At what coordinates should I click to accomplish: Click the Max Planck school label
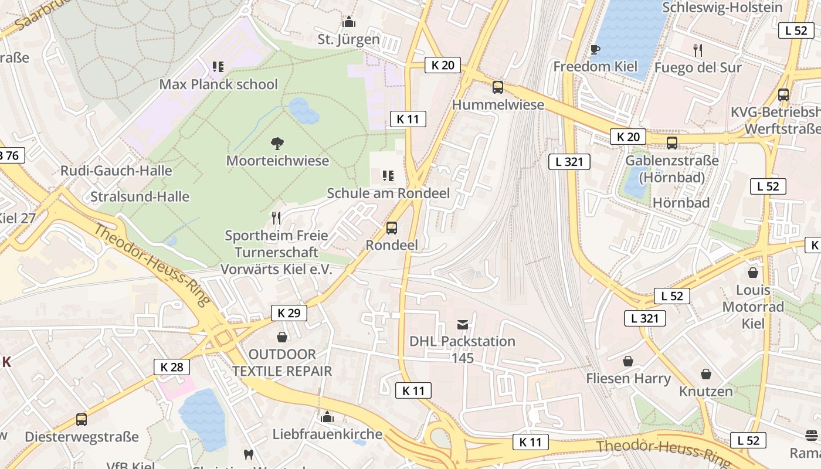coord(218,84)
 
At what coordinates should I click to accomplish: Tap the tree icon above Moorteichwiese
coord(277,143)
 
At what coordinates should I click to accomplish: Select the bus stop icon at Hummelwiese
coord(498,87)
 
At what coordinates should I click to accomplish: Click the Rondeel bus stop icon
coord(392,228)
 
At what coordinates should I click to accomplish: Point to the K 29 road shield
coord(289,313)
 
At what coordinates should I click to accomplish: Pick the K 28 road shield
coord(172,368)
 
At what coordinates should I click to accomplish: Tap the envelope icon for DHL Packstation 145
coord(463,324)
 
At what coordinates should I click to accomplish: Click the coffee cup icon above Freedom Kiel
coord(595,50)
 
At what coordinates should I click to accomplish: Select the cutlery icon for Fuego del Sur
coord(698,50)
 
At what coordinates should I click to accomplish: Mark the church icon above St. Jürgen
coord(349,22)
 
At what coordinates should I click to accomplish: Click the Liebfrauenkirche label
coord(327,434)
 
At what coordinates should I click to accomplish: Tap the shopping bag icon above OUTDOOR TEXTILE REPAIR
coord(282,337)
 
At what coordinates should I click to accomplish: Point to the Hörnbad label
coord(681,203)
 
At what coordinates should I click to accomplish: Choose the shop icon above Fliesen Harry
coord(628,361)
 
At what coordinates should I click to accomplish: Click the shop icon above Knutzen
coord(706,374)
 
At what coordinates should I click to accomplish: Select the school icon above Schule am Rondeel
coord(388,175)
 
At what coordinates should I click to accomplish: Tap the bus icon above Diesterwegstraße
coord(82,420)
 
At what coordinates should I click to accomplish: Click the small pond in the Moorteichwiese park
coord(303,111)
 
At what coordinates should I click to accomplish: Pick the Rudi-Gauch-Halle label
coord(116,171)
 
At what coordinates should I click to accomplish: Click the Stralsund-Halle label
coord(140,196)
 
